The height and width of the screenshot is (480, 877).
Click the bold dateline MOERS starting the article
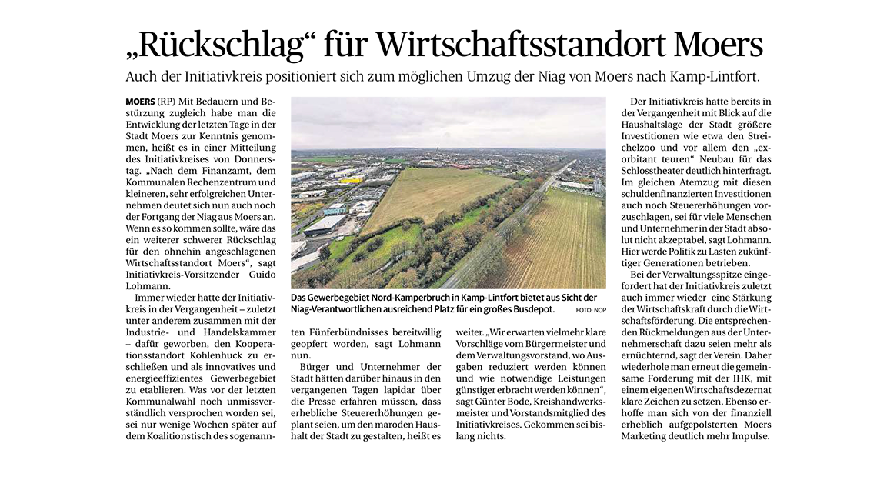[139, 102]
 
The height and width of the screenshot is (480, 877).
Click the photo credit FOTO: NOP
[591, 310]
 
